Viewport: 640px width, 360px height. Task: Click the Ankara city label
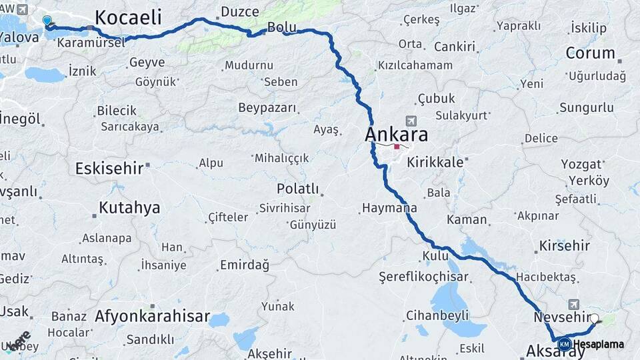point(396,135)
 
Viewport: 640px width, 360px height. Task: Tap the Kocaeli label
point(128,17)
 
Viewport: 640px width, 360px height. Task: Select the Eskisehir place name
point(109,168)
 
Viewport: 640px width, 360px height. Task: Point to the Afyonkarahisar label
point(152,316)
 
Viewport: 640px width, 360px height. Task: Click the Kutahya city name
point(129,207)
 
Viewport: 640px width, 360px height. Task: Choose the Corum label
point(590,53)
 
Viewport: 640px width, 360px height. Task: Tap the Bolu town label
point(281,27)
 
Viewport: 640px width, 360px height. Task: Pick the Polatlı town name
point(297,189)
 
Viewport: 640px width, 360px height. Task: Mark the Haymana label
point(389,208)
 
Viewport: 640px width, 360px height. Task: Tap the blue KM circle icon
point(565,344)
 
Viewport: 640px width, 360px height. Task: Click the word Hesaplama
point(599,344)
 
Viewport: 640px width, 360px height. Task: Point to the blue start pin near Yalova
point(47,21)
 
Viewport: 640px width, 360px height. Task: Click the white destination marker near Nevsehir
point(595,319)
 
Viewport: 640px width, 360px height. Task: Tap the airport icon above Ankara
point(410,121)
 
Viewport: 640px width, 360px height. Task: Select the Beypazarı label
point(267,107)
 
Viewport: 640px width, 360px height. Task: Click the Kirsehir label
point(565,245)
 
